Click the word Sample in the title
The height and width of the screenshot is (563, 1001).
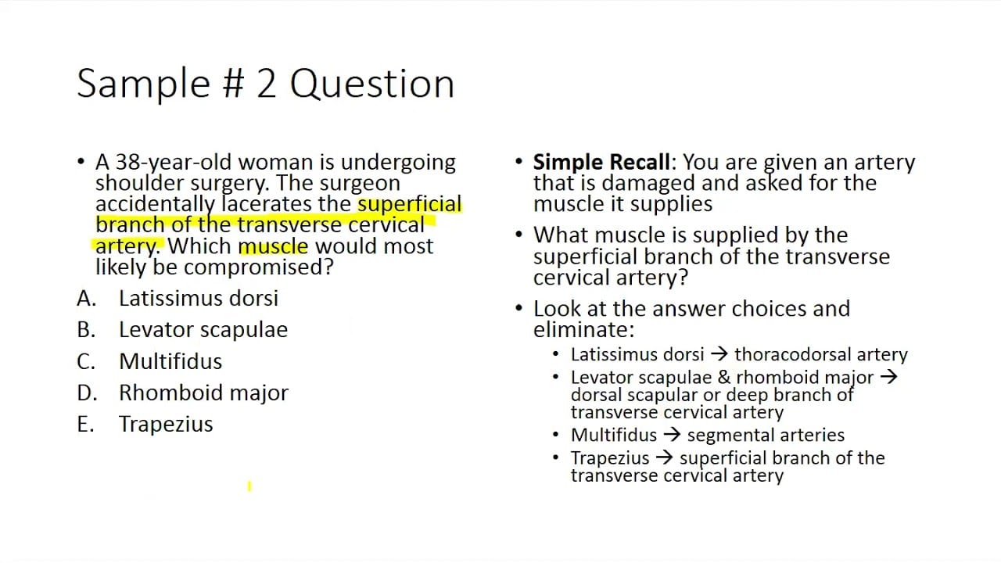[144, 84]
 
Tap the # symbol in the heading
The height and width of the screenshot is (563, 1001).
[234, 84]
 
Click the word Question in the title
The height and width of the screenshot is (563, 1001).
[372, 84]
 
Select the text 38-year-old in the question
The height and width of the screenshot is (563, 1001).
[174, 163]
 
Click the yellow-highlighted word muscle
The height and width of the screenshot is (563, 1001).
[273, 246]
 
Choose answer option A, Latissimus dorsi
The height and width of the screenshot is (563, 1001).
[198, 298]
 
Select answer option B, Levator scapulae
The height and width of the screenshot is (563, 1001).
[203, 330]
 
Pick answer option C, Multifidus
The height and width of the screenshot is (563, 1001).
[170, 361]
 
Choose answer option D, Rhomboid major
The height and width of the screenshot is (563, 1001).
[203, 393]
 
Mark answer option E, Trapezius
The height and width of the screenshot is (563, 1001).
[166, 424]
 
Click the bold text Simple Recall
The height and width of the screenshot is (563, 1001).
[601, 163]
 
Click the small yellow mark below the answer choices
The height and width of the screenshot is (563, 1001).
[249, 486]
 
